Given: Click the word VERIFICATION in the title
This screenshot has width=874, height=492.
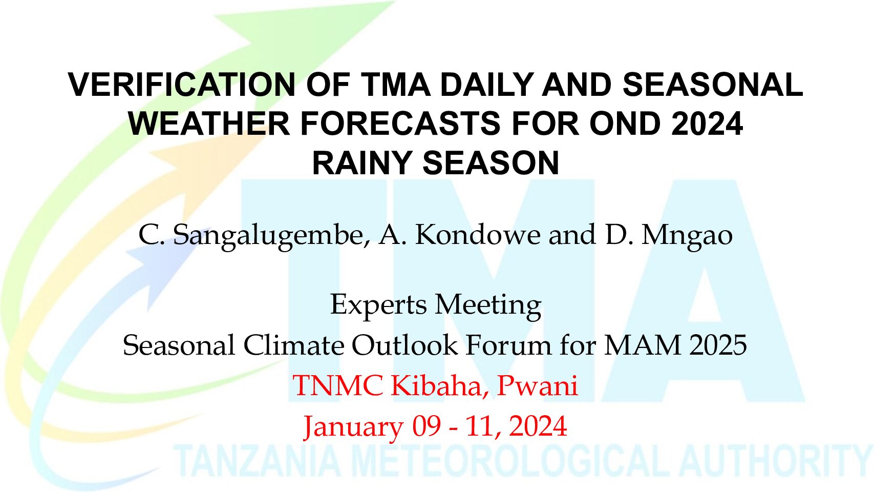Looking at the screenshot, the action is click(x=181, y=85).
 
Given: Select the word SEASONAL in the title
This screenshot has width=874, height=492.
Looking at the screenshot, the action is click(x=713, y=85).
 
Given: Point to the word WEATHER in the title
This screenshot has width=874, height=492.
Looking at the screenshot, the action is click(x=209, y=124).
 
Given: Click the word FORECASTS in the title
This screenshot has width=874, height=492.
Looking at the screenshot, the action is click(x=400, y=124).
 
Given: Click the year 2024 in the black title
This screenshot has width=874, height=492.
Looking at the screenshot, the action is click(x=707, y=124).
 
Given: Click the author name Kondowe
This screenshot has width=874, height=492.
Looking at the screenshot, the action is click(x=478, y=235).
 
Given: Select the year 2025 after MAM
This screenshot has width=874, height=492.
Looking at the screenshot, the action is click(x=718, y=345).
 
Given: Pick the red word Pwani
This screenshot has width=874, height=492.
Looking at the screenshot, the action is click(x=537, y=386).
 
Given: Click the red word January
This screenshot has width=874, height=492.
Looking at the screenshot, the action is click(x=354, y=427).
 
